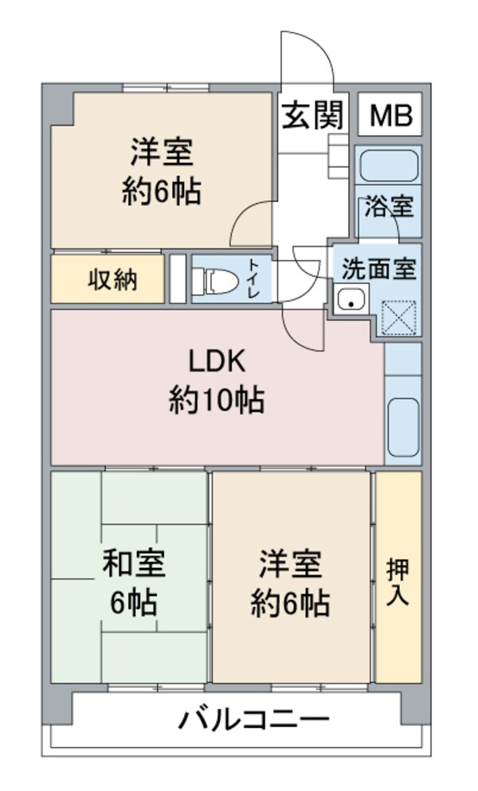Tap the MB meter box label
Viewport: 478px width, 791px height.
pyautogui.click(x=390, y=117)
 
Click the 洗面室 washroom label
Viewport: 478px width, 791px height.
pyautogui.click(x=378, y=269)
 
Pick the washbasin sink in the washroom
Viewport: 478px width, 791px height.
pyautogui.click(x=351, y=299)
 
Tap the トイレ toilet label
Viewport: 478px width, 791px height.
pyautogui.click(x=253, y=279)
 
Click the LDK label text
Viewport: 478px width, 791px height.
pyautogui.click(x=216, y=362)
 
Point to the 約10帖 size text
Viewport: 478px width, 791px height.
pyautogui.click(x=216, y=399)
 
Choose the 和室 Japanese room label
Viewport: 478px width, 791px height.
pyautogui.click(x=134, y=563)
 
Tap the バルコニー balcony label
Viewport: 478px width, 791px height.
pyautogui.click(x=253, y=722)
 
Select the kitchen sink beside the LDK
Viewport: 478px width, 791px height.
pyautogui.click(x=402, y=426)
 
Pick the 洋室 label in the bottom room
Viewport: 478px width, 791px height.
pyautogui.click(x=290, y=563)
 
